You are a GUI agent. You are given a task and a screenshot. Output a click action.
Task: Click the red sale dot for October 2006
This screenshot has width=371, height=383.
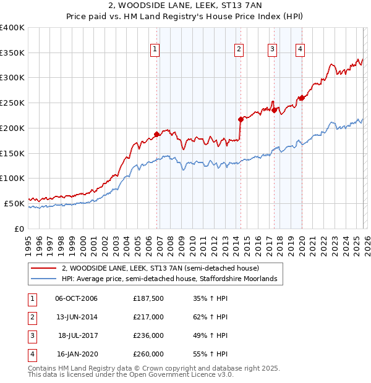(x=157, y=133)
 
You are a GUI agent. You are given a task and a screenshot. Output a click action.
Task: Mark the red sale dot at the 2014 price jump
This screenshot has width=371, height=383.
(x=241, y=119)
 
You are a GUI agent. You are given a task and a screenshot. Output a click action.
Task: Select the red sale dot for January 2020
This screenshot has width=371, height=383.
(x=302, y=98)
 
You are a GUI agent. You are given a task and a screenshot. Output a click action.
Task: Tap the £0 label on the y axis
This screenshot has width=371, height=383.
(x=19, y=229)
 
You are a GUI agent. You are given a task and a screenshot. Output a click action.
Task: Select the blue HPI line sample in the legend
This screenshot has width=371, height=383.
(x=43, y=279)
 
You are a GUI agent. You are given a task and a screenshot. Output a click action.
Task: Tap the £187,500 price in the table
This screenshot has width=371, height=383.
(x=148, y=299)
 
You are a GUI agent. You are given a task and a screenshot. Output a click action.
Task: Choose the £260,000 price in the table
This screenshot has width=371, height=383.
(x=148, y=355)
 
